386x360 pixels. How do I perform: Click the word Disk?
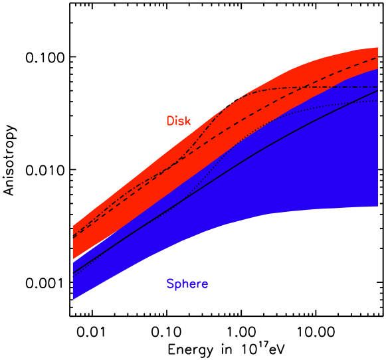[x=178, y=121]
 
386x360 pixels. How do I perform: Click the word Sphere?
[x=187, y=284]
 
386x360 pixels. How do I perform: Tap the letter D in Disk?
[x=170, y=121]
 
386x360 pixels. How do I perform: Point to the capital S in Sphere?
[x=170, y=284]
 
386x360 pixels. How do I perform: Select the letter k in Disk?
[x=188, y=121]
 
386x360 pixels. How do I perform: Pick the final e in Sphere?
[x=205, y=285]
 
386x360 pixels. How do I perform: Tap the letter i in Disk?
[x=177, y=121]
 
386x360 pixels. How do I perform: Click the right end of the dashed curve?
[x=378, y=58]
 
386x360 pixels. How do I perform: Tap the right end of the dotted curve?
[x=378, y=101]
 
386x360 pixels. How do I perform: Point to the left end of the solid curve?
[x=73, y=272]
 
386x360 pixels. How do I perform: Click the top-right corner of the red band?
[x=377, y=48]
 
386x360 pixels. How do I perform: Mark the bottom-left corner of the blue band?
[x=73, y=299]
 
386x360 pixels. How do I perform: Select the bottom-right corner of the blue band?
[x=377, y=207]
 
